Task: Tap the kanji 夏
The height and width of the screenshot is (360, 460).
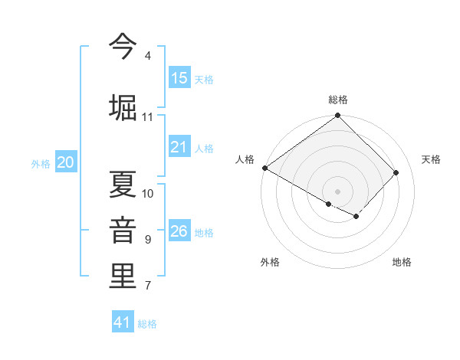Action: click(x=123, y=184)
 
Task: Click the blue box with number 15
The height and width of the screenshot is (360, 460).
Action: click(x=179, y=78)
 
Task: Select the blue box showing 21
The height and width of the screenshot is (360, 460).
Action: click(x=179, y=147)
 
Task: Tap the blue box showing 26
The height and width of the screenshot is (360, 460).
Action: click(x=179, y=231)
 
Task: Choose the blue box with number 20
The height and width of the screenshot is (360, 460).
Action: click(x=66, y=162)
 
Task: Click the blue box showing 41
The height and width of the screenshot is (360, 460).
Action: click(x=123, y=322)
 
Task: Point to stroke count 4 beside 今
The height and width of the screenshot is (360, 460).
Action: click(x=147, y=56)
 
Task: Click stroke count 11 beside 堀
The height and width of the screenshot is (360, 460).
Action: click(x=147, y=117)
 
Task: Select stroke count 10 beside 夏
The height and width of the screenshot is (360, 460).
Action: click(x=148, y=194)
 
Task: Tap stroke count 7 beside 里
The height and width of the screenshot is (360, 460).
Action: click(x=147, y=286)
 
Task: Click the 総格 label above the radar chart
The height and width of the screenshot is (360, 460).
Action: click(x=338, y=100)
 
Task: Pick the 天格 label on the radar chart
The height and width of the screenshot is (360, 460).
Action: click(x=431, y=159)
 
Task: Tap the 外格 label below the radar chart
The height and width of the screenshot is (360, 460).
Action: click(x=270, y=262)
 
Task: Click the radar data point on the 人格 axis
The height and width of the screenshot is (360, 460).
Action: click(x=264, y=168)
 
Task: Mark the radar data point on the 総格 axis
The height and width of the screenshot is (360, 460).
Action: click(x=337, y=116)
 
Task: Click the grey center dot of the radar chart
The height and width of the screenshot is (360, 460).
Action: click(x=337, y=191)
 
